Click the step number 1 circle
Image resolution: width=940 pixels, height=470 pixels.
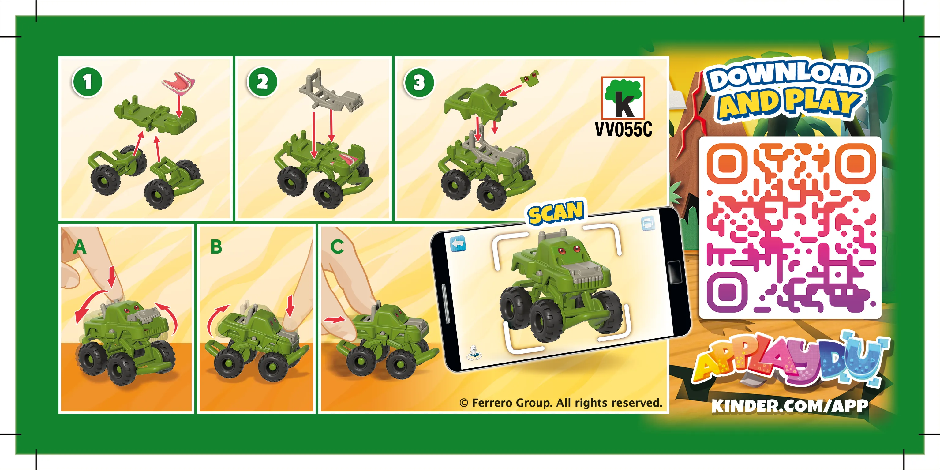pos(87,82)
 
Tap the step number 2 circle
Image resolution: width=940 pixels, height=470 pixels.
pos(262,82)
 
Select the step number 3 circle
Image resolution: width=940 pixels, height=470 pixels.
pos(419,83)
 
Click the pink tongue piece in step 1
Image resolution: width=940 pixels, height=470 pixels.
pos(178,82)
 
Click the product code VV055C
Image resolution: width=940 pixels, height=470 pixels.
pos(623,129)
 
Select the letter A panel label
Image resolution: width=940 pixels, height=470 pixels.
pos(80,247)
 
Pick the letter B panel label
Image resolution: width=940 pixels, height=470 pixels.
pos(216,247)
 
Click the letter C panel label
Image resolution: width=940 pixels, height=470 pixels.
pos(337,247)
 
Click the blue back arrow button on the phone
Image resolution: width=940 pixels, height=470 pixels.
pos(458,243)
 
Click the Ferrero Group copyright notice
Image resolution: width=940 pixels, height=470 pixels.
pos(561,403)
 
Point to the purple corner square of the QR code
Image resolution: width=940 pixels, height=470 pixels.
pos(727,292)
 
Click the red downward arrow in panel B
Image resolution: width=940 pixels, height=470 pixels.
pos(290,306)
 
